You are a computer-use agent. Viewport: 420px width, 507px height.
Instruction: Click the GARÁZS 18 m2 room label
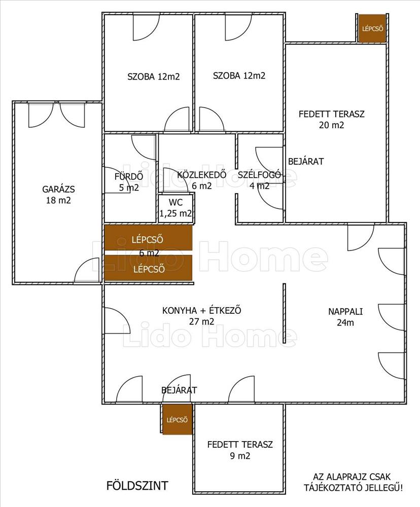(58, 195)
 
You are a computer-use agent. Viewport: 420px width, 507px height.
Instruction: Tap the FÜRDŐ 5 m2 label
(129, 182)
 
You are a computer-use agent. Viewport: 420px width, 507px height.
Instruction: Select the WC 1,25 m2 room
(176, 208)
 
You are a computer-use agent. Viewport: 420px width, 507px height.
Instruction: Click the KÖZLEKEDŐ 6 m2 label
(201, 180)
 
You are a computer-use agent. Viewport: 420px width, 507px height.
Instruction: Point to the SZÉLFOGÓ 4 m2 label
(259, 180)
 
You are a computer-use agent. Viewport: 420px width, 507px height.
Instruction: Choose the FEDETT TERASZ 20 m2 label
(331, 119)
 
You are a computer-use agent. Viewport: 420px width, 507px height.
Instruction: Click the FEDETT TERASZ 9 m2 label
(240, 450)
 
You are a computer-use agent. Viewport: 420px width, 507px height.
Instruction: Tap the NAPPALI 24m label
(345, 317)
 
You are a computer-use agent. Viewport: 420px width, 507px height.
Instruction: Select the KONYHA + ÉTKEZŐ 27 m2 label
(201, 316)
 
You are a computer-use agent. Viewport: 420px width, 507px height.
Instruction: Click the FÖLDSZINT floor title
(137, 486)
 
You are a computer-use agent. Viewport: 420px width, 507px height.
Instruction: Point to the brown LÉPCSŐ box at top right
(372, 28)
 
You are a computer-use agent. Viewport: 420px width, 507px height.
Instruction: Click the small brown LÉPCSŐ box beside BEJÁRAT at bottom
(177, 420)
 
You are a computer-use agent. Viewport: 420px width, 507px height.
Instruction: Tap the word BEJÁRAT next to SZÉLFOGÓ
(306, 161)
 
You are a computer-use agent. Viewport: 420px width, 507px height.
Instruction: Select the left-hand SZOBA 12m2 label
(153, 77)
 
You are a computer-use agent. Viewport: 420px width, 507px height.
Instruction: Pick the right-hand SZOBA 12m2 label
(239, 76)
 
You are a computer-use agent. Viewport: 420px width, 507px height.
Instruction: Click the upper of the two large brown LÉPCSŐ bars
(148, 238)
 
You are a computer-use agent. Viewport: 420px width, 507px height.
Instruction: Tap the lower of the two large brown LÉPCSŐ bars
(148, 268)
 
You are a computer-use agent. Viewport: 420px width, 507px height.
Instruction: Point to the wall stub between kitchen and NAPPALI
(284, 313)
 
